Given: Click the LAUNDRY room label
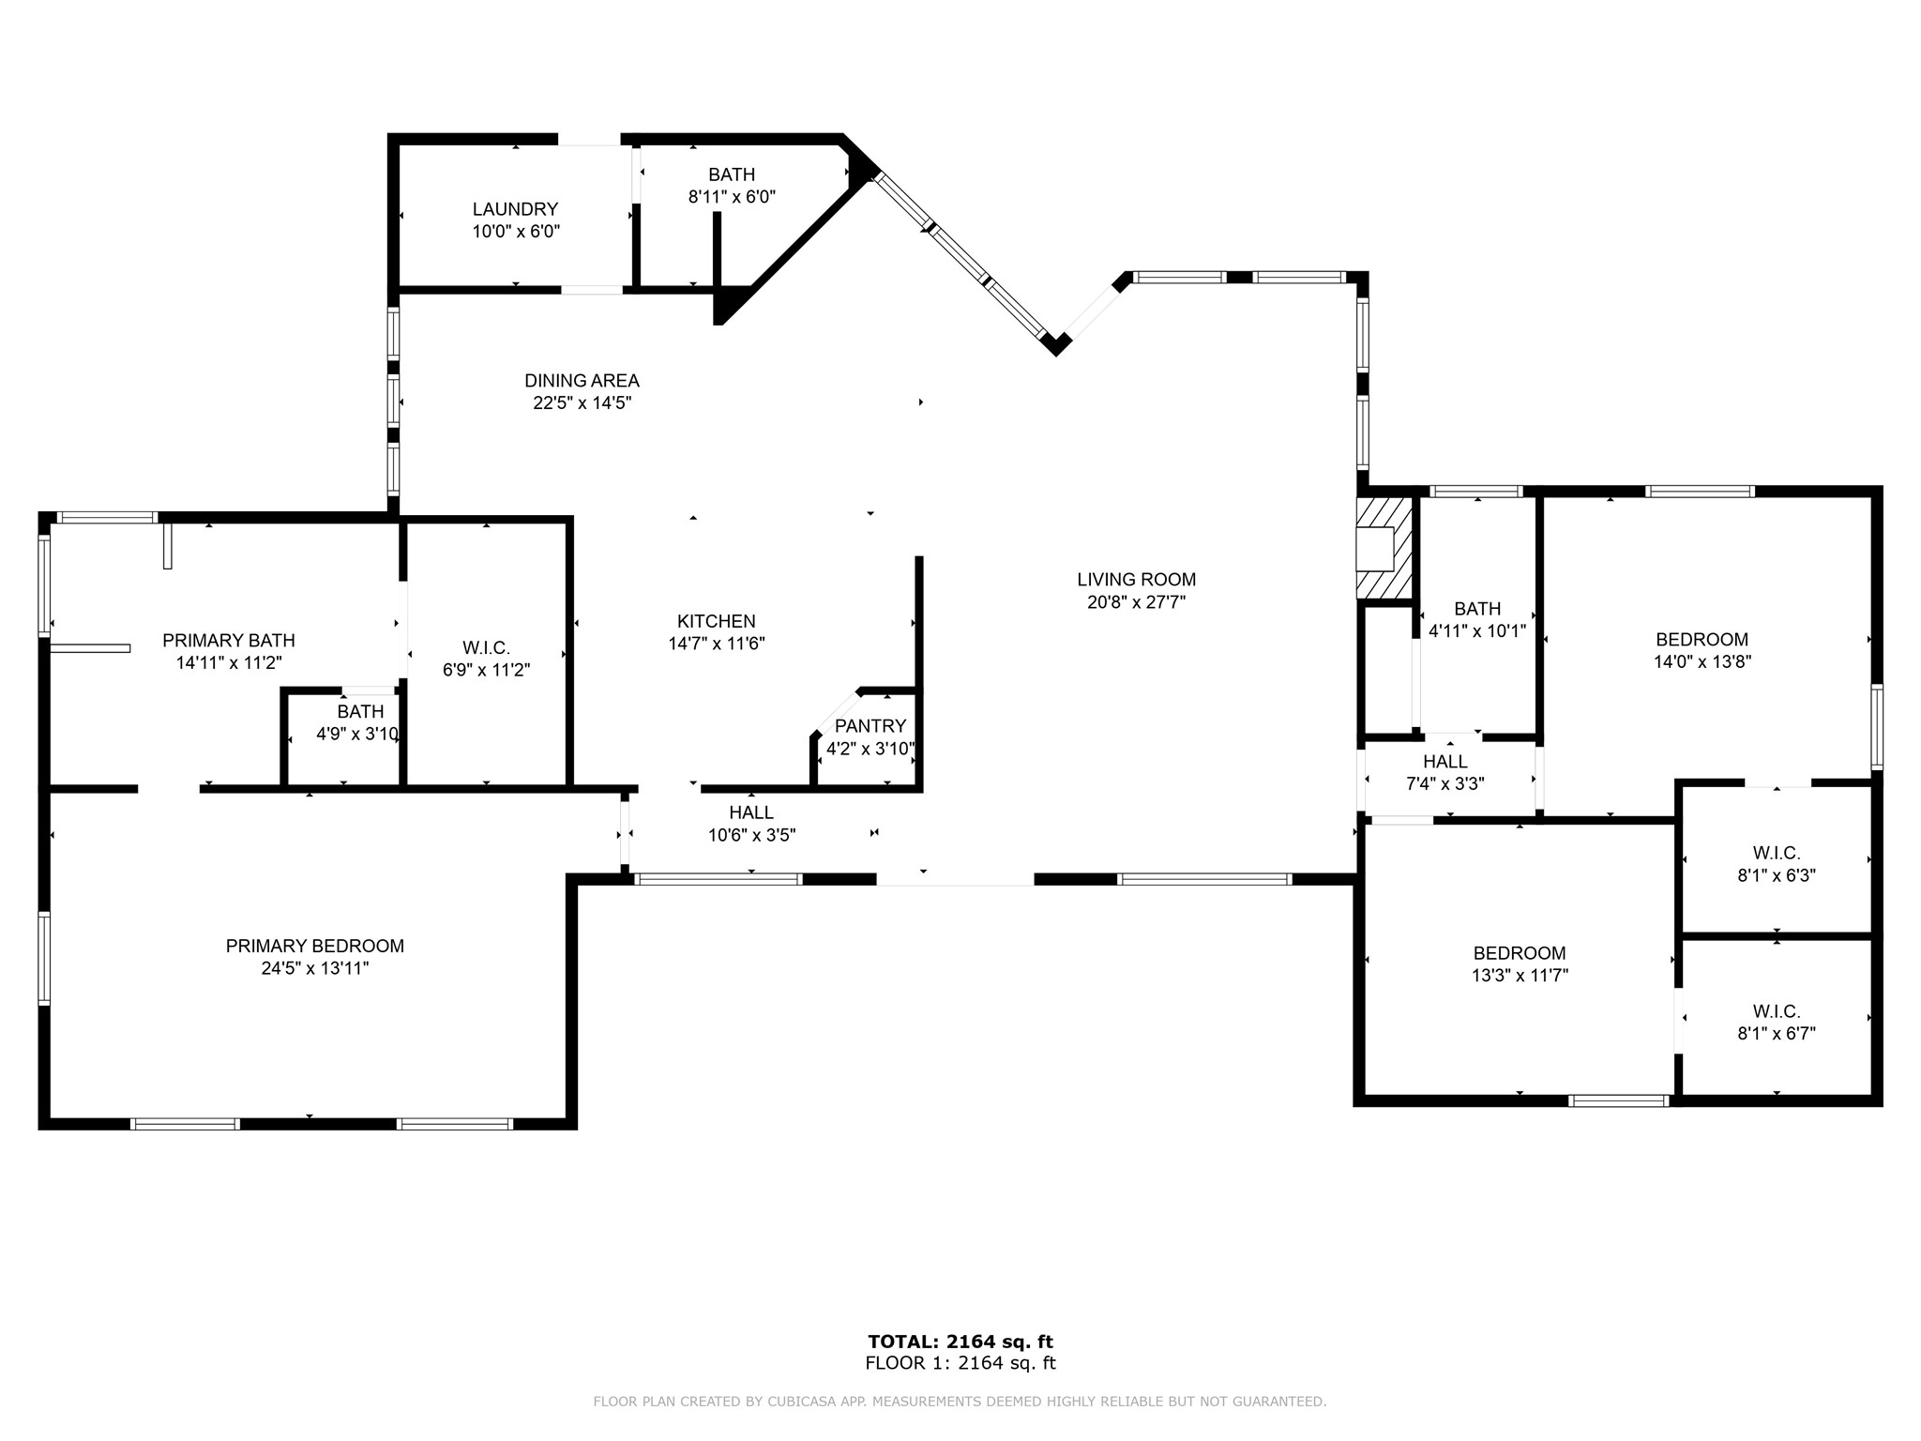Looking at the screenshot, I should tap(515, 209).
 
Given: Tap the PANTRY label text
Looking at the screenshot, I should tap(870, 726).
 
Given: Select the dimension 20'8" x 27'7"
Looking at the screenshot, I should tap(1136, 602).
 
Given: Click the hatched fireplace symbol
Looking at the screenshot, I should tap(1384, 548).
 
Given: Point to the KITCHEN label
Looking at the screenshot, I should tap(716, 621).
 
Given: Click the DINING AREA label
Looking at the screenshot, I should tap(582, 381).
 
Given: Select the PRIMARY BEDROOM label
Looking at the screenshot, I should tap(314, 946).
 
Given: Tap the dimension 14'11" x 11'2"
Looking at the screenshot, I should tap(228, 663).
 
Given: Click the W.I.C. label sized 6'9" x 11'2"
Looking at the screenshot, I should tap(486, 648).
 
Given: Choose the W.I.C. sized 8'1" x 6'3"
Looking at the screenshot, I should tap(1776, 853).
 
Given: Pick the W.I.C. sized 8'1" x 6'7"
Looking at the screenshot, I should tap(1776, 1011).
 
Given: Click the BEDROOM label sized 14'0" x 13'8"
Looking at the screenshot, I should tap(1702, 640).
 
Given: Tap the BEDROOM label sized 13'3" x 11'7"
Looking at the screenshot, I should tap(1519, 953).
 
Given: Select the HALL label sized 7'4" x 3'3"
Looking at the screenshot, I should tap(1445, 762).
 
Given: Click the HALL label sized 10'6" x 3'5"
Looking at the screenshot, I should tap(751, 812).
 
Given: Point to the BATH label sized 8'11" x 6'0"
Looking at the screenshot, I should tap(731, 174).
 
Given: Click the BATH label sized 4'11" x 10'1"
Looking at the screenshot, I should tap(1477, 609).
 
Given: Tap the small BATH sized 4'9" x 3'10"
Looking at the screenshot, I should tap(360, 712).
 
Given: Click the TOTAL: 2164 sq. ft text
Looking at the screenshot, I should tap(960, 1342).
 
